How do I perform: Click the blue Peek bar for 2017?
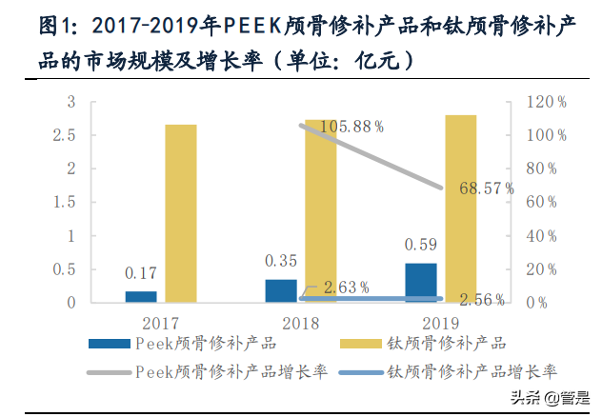click(141, 296)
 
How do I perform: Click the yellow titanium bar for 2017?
click(181, 213)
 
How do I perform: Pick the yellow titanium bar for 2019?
click(460, 208)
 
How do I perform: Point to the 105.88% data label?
click(351, 126)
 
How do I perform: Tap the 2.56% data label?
click(481, 299)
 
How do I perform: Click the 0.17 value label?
click(141, 273)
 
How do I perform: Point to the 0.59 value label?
click(420, 244)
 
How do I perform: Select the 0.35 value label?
click(281, 260)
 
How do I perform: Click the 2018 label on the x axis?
click(300, 322)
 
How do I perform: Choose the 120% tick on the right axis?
click(549, 102)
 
